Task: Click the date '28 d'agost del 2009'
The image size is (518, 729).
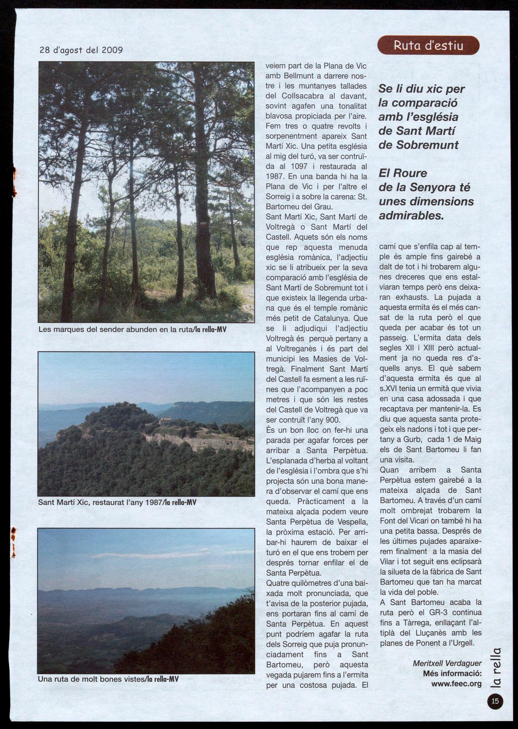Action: click(81, 50)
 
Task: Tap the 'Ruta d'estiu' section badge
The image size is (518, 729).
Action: click(428, 45)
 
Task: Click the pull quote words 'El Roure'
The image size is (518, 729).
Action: click(403, 173)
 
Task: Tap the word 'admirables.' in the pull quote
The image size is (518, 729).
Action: click(411, 216)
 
